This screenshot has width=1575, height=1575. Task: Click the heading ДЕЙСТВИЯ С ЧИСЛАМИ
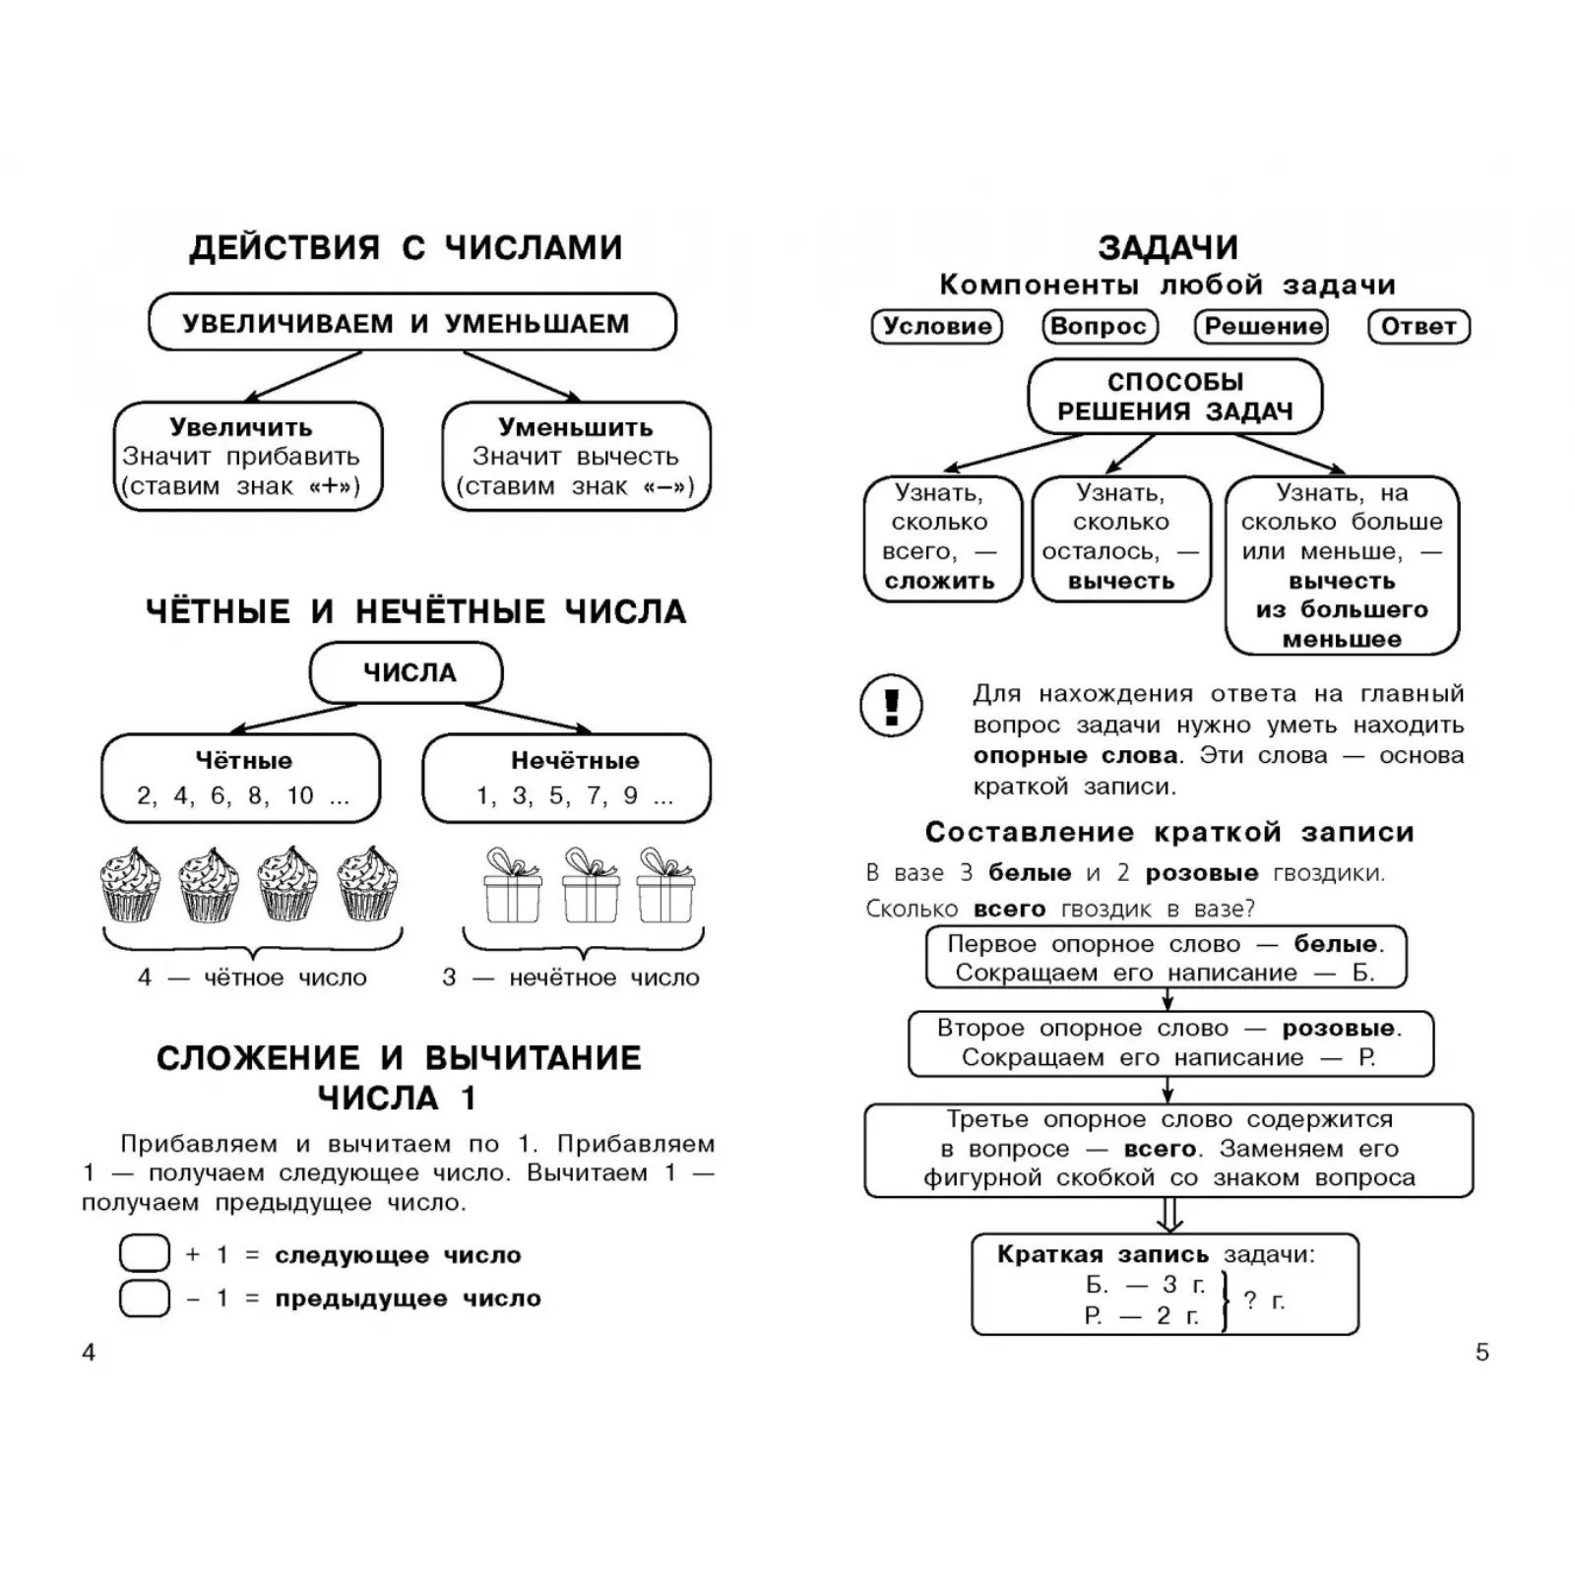[x=406, y=247]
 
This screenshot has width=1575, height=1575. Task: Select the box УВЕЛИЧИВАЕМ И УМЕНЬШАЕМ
[x=411, y=322]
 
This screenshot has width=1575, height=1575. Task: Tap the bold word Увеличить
[x=241, y=427]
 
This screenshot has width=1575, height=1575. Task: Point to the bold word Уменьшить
[x=575, y=427]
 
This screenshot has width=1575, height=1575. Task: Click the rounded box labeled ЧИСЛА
[x=407, y=673]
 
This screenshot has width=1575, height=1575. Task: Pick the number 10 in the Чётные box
[x=300, y=795]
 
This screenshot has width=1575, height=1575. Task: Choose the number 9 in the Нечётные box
[x=630, y=795]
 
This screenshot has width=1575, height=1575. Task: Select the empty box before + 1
[x=144, y=1254]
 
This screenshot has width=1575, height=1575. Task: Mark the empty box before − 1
[x=144, y=1298]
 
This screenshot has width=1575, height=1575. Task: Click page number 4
[x=89, y=1353]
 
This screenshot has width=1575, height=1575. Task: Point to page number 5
[x=1482, y=1353]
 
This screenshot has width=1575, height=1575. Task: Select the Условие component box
[x=936, y=327]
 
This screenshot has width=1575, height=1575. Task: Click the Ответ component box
[x=1418, y=327]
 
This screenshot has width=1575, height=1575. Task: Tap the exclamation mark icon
[x=892, y=705]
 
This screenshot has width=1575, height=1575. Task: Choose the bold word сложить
[x=940, y=582]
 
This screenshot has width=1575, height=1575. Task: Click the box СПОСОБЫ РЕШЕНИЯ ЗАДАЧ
[x=1174, y=396]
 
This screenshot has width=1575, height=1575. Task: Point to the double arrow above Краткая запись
[x=1169, y=1215]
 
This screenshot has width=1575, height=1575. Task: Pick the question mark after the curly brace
[x=1250, y=1299]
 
